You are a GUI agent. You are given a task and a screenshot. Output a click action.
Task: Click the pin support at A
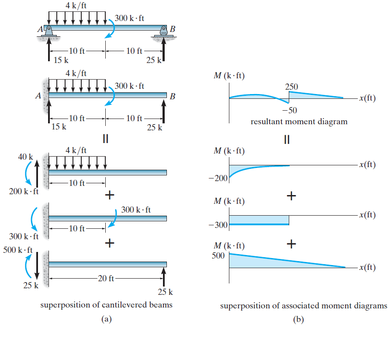[49, 31]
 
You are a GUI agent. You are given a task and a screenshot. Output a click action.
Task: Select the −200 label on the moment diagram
[221, 178]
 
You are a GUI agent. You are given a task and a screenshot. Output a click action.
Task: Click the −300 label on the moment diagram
[221, 225]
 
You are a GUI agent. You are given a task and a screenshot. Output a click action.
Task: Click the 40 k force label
[25, 157]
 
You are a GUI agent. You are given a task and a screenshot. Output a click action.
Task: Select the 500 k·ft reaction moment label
[18, 250]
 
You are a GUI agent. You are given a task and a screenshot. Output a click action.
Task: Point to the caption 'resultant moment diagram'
[299, 122]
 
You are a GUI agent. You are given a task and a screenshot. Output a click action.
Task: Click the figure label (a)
[105, 319]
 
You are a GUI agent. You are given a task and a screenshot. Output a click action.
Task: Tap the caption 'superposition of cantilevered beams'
[106, 305]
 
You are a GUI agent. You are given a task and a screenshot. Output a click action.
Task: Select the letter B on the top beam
[173, 29]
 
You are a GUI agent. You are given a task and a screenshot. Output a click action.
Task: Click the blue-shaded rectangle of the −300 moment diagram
[259, 220]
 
